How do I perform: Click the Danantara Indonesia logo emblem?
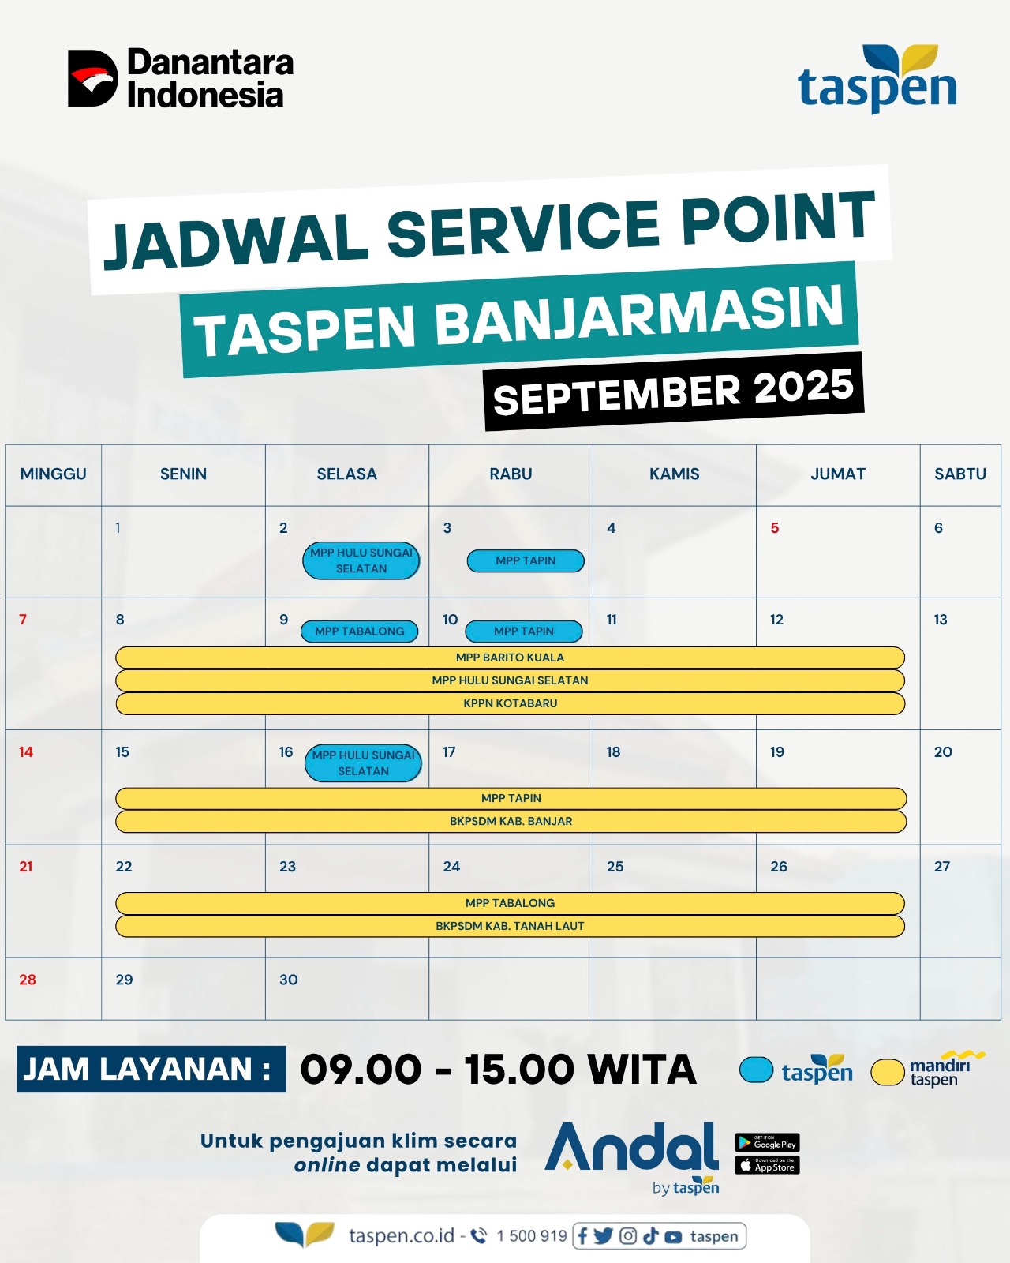tap(92, 78)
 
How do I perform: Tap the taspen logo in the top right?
tap(877, 79)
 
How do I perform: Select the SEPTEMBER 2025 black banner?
tap(674, 392)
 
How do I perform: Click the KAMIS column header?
tap(675, 474)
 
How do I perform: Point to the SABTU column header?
tap(960, 474)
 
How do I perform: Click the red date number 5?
tap(775, 527)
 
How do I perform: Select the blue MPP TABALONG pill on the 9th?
tap(359, 631)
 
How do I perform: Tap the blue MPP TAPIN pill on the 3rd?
tap(526, 560)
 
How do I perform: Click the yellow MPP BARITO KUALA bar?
tap(510, 658)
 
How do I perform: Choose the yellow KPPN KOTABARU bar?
tap(510, 703)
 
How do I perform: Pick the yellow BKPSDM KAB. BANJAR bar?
tap(511, 821)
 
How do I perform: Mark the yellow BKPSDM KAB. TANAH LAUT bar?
tap(510, 925)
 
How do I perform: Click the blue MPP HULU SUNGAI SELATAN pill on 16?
tap(363, 763)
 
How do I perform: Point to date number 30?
tap(288, 980)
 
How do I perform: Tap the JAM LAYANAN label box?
tap(151, 1069)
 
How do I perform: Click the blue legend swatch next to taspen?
tap(756, 1070)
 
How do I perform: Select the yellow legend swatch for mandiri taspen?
tap(888, 1072)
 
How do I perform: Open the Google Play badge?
tap(767, 1143)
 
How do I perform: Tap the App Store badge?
tap(767, 1166)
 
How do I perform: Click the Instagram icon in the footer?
tap(628, 1236)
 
